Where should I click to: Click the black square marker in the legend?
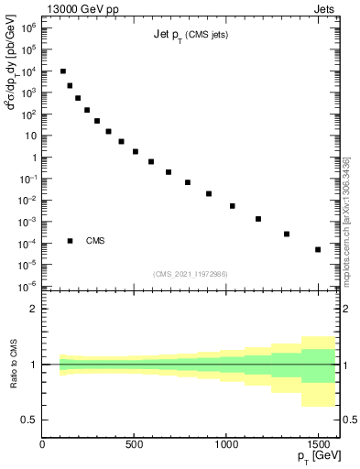[71, 241]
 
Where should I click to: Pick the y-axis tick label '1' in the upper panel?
[33, 158]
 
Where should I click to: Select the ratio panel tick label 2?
[33, 309]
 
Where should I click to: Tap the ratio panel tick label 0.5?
[29, 420]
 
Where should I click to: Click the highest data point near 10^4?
[62, 71]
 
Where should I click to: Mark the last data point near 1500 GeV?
[318, 249]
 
